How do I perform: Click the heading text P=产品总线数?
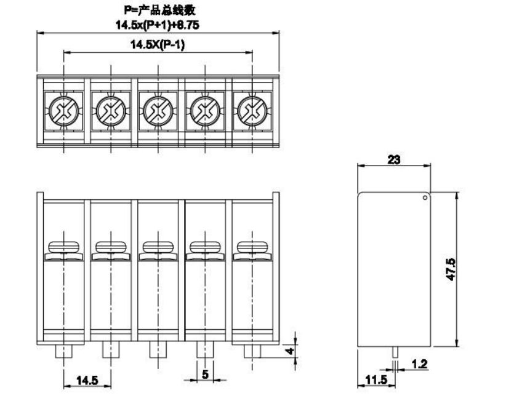pos(158,11)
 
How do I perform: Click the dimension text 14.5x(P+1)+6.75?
pos(158,25)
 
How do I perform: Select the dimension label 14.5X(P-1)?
pos(158,45)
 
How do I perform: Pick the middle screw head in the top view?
pos(158,111)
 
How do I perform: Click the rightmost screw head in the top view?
pos(252,111)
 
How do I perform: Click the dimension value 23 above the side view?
pos(394,159)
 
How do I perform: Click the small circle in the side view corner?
pos(425,197)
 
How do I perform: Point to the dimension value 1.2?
pos(419,364)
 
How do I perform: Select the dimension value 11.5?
pos(375,380)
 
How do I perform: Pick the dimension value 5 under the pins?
pos(205,373)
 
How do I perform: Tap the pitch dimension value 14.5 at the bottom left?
pos(87,380)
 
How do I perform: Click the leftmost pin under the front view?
pos(63,351)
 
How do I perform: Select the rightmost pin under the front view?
pos(252,351)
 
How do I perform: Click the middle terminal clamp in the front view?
pos(158,249)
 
